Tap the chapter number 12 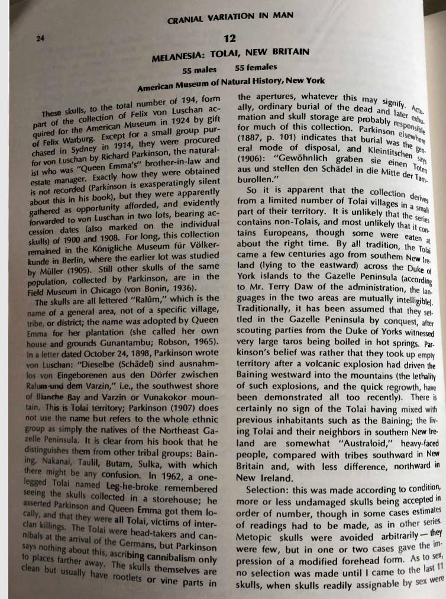click(230, 39)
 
